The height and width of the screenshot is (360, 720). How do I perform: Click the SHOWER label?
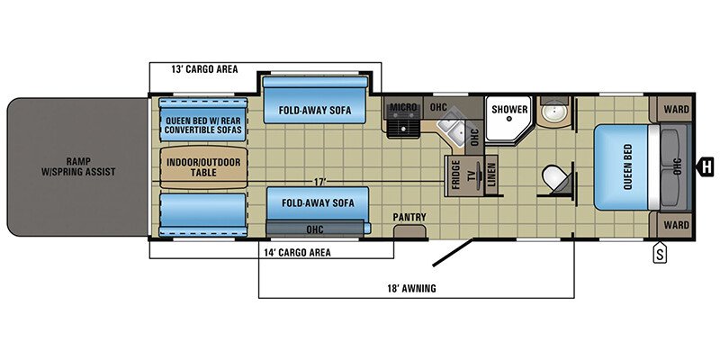[x=509, y=110]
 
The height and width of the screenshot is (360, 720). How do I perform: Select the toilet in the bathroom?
[x=554, y=177]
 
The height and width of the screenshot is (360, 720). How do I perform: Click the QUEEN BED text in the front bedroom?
[x=628, y=167]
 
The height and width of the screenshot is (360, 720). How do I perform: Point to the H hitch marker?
[x=706, y=166]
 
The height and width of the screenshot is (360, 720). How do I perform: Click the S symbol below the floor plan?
[x=660, y=255]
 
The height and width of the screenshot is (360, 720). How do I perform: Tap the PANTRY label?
[x=409, y=218]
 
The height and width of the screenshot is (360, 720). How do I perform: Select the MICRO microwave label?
[x=402, y=108]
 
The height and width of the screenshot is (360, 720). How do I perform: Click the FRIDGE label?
[x=457, y=175]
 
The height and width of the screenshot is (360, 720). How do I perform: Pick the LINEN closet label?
[x=492, y=177]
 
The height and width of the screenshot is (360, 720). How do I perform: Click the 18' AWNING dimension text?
[x=415, y=288]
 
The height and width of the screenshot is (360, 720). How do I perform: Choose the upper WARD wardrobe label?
[x=676, y=111]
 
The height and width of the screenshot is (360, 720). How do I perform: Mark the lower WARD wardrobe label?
[x=676, y=224]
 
